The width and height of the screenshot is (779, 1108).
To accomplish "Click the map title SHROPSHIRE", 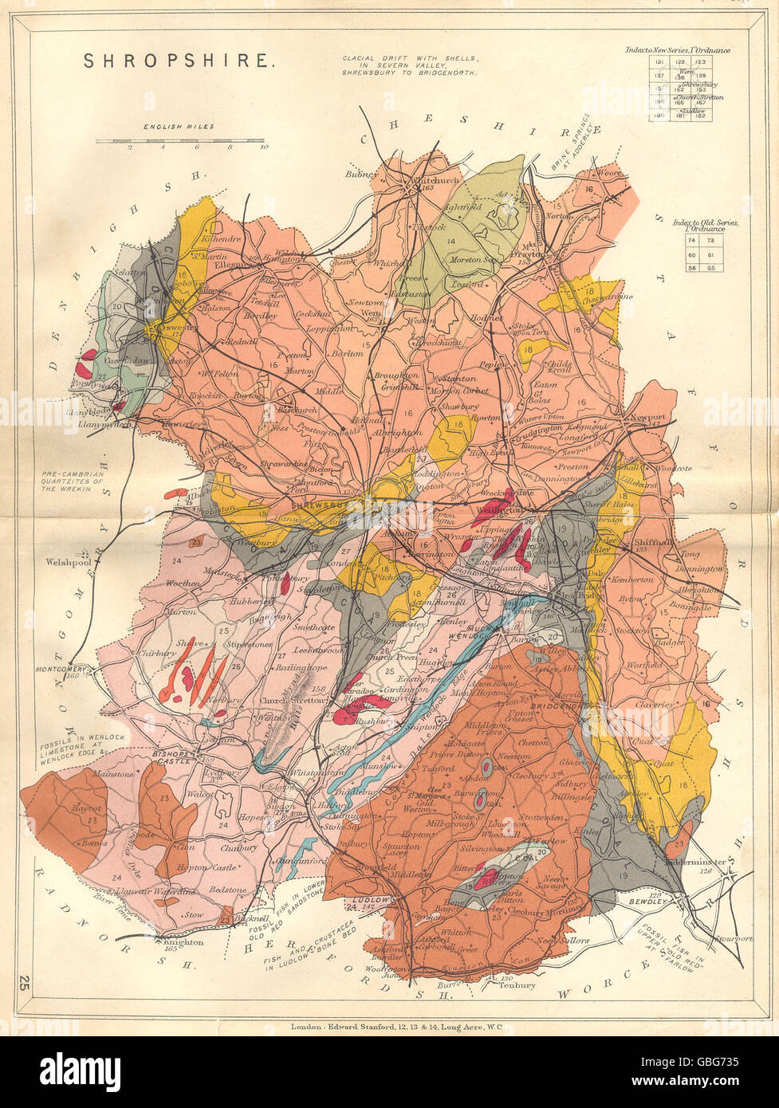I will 179,61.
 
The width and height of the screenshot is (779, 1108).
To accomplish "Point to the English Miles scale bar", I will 180,141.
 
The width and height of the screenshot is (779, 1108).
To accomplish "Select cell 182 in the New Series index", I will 701,116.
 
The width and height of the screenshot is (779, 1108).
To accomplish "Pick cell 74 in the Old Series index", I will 690,240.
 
